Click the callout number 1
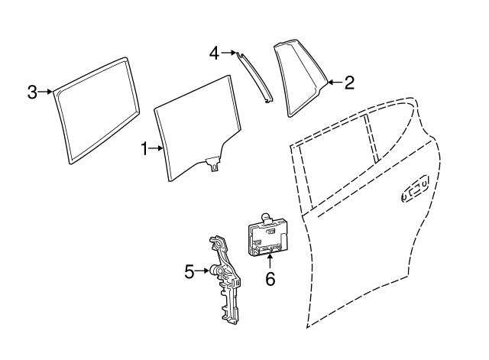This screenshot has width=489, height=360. pos(144,148)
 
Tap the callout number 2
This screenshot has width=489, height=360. pos(349,83)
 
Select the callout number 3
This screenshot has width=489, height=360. pos(32,92)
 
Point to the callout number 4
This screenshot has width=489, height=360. pos(214,53)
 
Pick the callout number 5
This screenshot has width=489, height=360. pos(189,271)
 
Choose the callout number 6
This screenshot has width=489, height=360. pos(270,278)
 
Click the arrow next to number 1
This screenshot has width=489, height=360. pos(156,148)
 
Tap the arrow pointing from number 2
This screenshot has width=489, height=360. pos(335,83)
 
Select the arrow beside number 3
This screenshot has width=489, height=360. pos(45,92)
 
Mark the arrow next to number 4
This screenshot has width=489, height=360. pos(228,53)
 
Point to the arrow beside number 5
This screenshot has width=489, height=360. pos(202,271)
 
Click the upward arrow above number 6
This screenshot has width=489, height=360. pos(270,262)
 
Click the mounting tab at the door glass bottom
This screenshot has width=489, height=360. pos(213,164)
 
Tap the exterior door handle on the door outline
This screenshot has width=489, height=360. pos(414,189)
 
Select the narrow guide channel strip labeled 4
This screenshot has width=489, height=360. pos(254,77)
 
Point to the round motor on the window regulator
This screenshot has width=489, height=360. pos(215,269)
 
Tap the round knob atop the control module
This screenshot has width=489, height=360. pos(265,217)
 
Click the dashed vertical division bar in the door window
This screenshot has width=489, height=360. pos(372,138)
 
